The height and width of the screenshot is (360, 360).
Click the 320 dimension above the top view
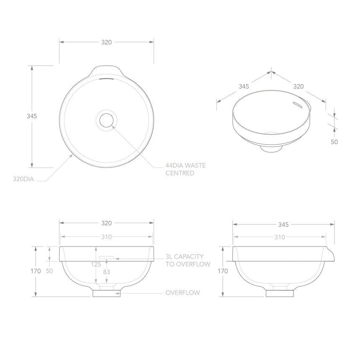[x=106, y=42]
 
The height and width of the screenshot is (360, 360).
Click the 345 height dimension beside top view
[x=32, y=116]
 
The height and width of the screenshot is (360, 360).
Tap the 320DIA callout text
[x=23, y=179]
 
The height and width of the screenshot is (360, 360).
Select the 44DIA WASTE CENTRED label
[x=185, y=169]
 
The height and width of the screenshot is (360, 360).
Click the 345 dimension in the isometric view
[x=244, y=87]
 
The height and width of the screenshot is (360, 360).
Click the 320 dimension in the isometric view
[x=298, y=87]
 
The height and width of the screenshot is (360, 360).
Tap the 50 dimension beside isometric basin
[x=334, y=142]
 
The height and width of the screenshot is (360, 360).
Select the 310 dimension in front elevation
[x=106, y=237]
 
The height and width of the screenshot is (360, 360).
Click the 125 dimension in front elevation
[x=97, y=265]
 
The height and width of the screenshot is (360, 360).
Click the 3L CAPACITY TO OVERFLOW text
[x=187, y=260]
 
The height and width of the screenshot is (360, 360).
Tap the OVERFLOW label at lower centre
[x=183, y=293]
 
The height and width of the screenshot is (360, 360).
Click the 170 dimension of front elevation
[x=36, y=271]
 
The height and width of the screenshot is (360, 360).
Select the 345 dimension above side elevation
[x=283, y=225]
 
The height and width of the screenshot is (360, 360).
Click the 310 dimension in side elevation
[x=279, y=237]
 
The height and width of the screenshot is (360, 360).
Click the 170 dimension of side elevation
[x=223, y=271]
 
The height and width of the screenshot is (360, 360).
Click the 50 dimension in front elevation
[x=49, y=271]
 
